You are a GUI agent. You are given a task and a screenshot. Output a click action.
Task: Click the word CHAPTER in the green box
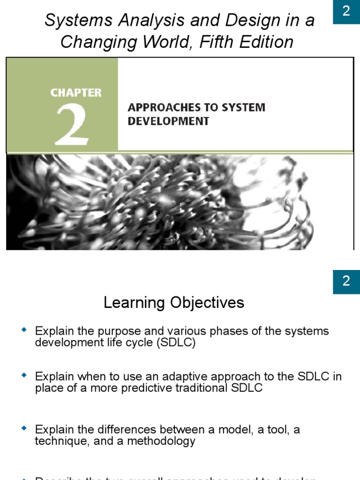pos(76,93)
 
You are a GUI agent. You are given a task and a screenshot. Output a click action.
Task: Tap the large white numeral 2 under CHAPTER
pos(72,124)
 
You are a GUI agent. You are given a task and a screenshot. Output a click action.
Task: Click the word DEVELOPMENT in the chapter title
pos(168,121)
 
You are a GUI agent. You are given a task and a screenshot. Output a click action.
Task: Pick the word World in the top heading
pos(171,42)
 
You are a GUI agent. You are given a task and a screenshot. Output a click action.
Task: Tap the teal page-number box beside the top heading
pos(346,11)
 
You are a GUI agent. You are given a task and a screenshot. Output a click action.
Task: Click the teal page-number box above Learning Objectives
pos(346,281)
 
